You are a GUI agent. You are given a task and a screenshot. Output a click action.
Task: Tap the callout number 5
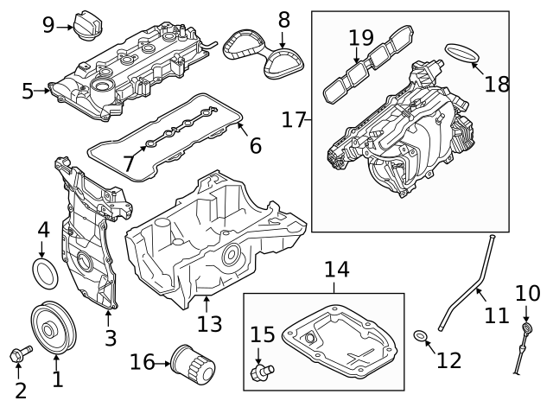[x=28, y=90]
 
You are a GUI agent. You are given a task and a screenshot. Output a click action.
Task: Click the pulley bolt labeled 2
[x=21, y=354]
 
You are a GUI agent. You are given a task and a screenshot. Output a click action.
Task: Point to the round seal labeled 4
[x=45, y=271]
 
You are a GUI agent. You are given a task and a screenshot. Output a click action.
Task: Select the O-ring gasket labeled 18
[x=465, y=54]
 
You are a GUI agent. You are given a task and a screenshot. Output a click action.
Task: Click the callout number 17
[x=294, y=119]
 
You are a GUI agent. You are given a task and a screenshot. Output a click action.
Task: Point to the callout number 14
[x=336, y=270]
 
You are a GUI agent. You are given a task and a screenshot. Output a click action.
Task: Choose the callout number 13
[x=209, y=324]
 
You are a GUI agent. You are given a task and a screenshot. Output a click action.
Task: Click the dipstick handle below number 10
[x=525, y=333]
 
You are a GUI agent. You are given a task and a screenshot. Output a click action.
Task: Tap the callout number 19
[x=361, y=37]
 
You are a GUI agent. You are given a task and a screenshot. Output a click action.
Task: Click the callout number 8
[x=283, y=19]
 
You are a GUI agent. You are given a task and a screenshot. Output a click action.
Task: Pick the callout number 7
[x=129, y=162]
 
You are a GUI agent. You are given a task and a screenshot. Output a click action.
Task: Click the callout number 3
[x=111, y=338]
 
